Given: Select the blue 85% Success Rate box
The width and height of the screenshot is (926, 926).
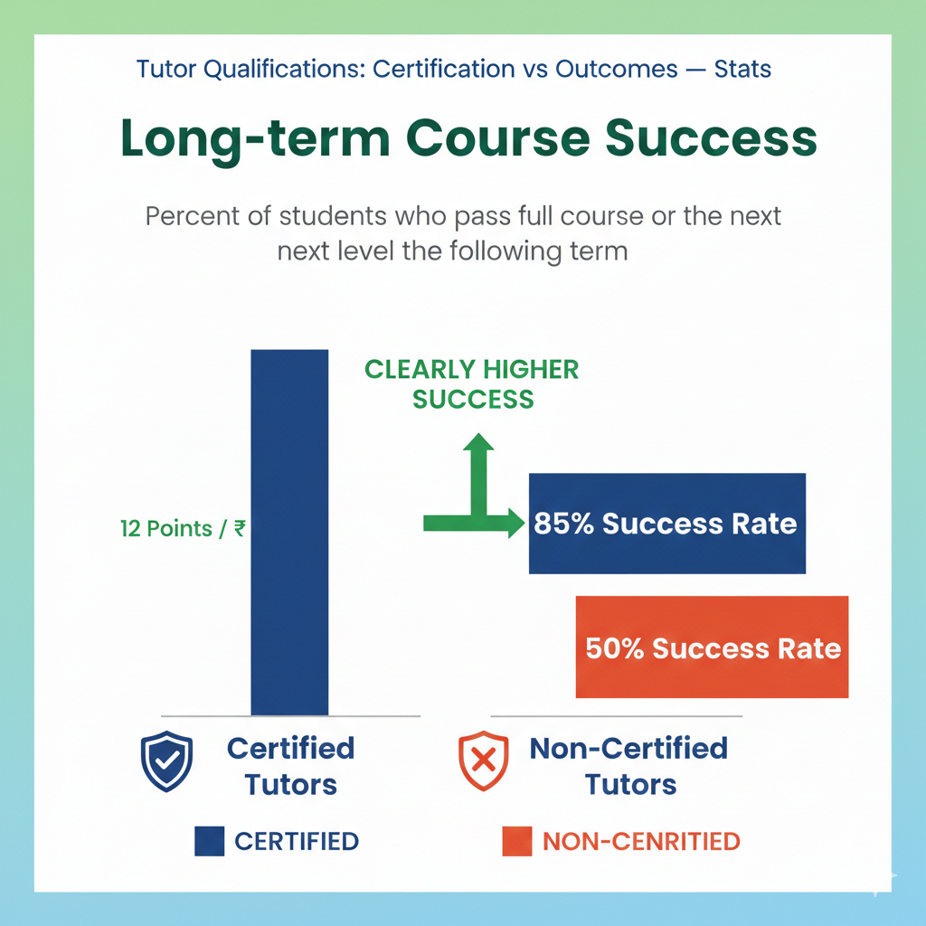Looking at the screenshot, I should (x=667, y=524).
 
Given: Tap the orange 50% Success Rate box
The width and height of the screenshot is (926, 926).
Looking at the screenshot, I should (x=713, y=647).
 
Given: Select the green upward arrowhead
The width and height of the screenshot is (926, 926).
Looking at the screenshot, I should (x=478, y=443).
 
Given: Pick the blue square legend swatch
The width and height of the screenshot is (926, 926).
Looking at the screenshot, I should (x=210, y=842).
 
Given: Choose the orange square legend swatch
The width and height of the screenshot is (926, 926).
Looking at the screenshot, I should (x=517, y=842).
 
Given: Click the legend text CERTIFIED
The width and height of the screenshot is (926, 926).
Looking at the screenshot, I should (x=297, y=842).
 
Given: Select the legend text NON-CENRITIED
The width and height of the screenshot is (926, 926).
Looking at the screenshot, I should (x=641, y=842).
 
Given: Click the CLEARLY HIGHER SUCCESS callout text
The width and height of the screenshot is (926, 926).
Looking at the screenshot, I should (x=472, y=383).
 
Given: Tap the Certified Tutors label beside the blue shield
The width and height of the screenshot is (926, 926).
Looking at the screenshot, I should (x=291, y=765).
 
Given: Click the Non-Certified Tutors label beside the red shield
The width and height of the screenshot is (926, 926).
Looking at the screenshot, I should (x=629, y=765).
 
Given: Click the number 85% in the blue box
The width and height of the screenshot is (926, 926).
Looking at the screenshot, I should (x=563, y=524).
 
